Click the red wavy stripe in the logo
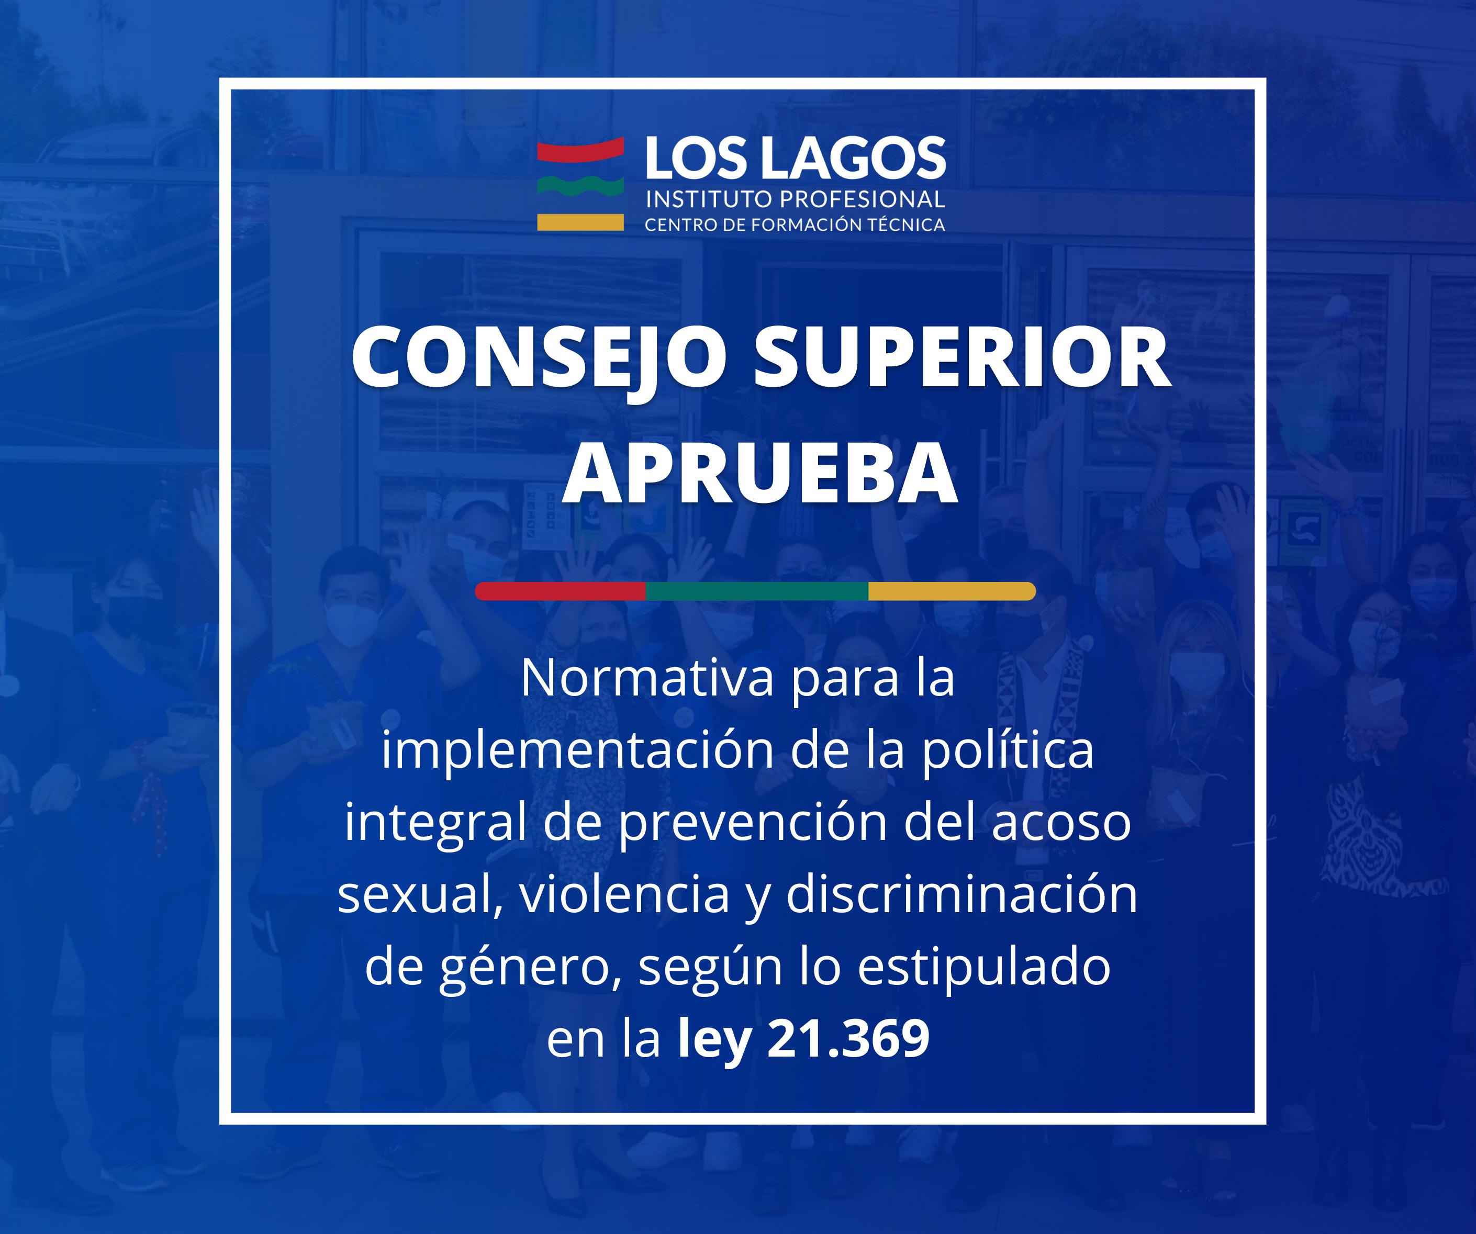coord(580,150)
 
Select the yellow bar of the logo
coord(580,222)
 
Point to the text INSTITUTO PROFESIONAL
coord(796,199)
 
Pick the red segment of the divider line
coord(560,591)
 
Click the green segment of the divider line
coord(757,591)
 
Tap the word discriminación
coord(961,894)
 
